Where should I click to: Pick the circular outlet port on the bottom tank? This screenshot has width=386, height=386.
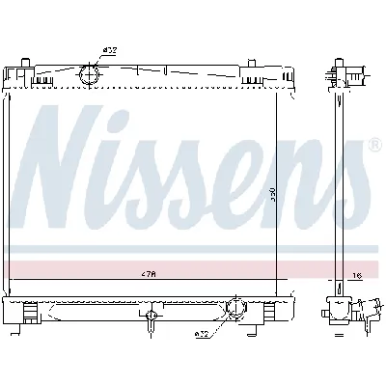(233, 309)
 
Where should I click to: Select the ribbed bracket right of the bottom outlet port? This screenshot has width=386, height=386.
(262, 311)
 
